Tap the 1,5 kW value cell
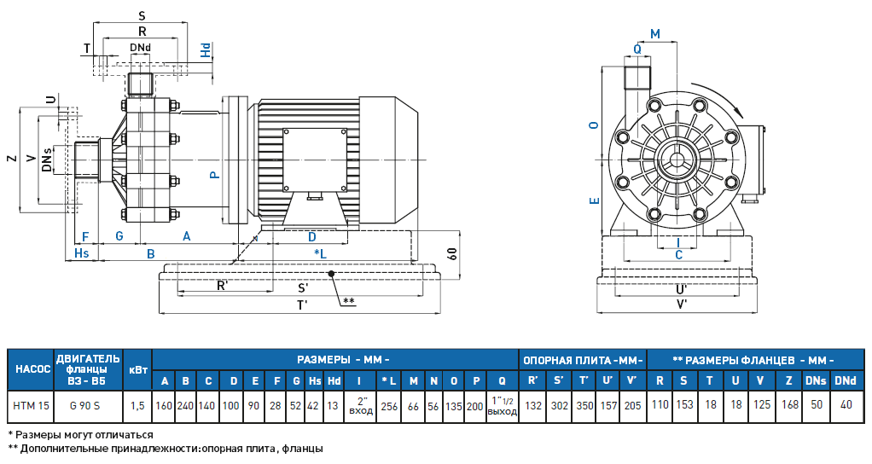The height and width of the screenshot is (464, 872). [x=137, y=405]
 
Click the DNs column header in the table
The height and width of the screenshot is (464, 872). [x=817, y=380]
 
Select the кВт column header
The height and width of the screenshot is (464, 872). [x=137, y=369]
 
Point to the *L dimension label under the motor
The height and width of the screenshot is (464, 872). [x=320, y=254]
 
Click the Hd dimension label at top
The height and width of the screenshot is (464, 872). [x=206, y=50]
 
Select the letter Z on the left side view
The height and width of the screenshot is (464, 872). [x=10, y=159]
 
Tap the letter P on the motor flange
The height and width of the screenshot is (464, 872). [x=215, y=174]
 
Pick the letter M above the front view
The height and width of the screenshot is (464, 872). [x=654, y=33]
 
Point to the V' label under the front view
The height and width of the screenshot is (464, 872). [x=681, y=304]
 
